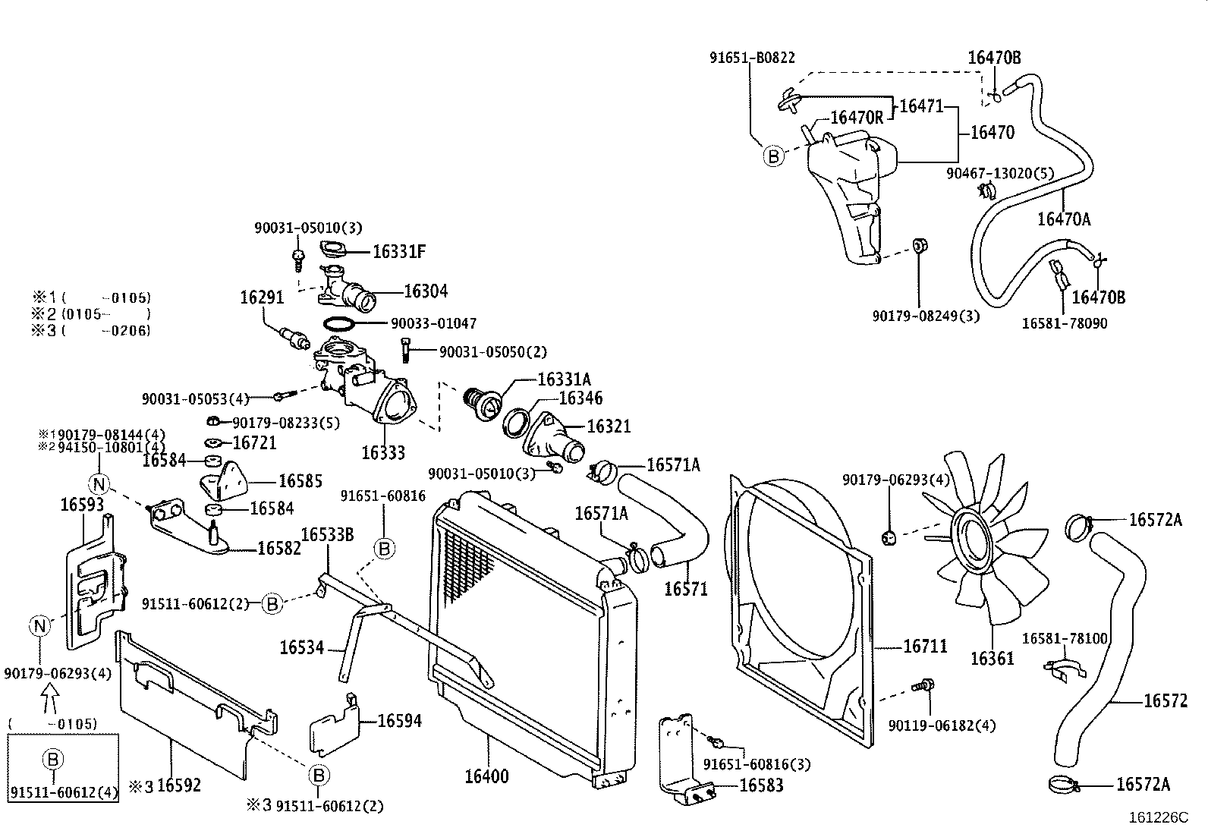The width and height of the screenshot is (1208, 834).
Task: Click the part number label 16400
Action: [x=486, y=776]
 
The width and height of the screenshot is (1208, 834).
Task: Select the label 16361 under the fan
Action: [x=992, y=659]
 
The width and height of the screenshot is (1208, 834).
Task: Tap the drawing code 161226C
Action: [x=1158, y=817]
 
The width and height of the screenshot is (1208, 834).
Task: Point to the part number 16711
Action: [x=925, y=647]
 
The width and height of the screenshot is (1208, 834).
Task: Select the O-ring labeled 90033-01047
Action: [x=338, y=324]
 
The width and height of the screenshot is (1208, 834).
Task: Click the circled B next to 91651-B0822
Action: [x=772, y=156]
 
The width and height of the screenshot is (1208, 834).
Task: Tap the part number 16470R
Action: [x=857, y=117]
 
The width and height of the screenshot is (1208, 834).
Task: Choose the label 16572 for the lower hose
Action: [x=1166, y=701]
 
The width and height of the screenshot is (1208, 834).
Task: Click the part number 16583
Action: [x=761, y=785]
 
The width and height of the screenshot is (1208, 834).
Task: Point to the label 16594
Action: [x=400, y=721]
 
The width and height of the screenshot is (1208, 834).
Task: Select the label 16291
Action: [x=262, y=298]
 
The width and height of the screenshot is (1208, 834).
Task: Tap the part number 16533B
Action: [x=328, y=535]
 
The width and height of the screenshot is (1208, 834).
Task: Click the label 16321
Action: [x=609, y=426]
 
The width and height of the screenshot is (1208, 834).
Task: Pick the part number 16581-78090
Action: [x=1064, y=323]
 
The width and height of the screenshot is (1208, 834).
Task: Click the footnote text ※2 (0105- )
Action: [x=91, y=313]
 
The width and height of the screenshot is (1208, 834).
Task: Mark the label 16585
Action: [x=300, y=481]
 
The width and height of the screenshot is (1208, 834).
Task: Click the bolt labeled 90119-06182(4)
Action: [x=923, y=686]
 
